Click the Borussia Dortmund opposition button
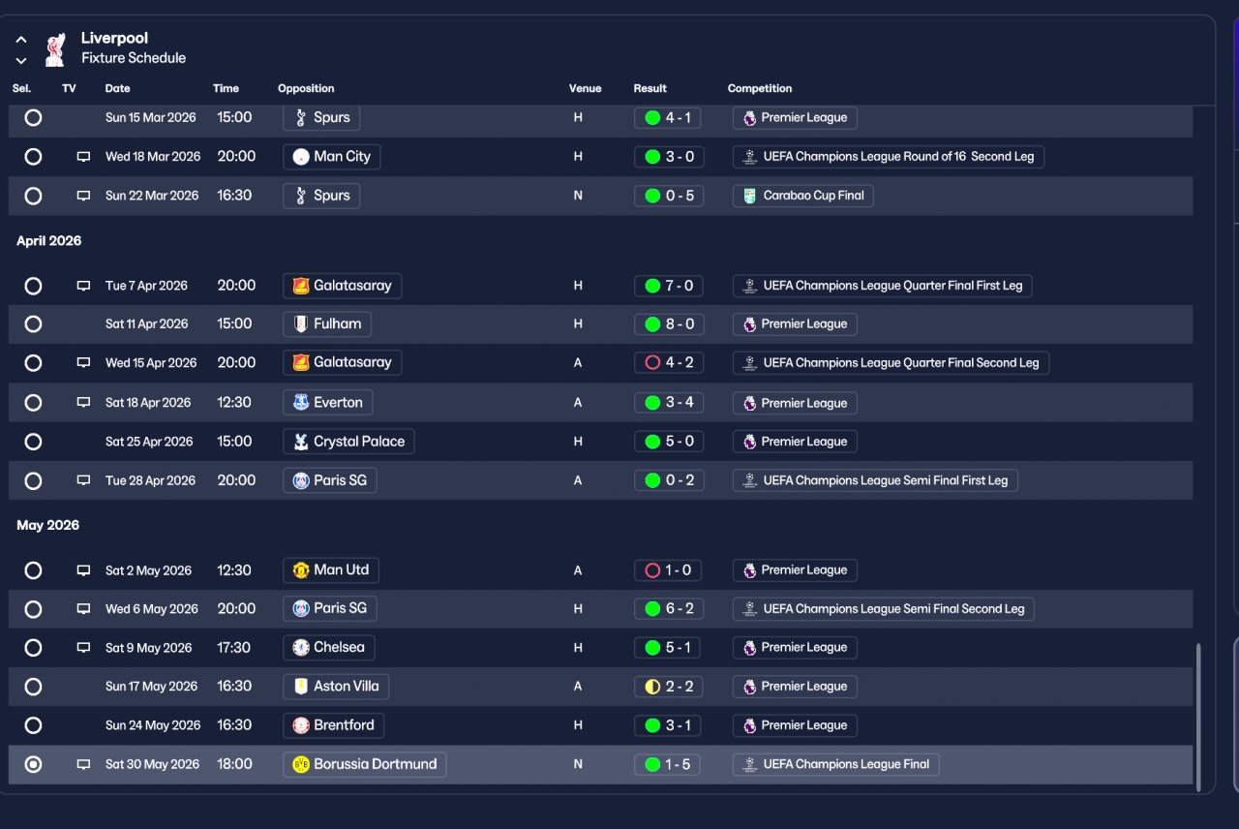click(x=365, y=764)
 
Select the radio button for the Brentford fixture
click(x=33, y=725)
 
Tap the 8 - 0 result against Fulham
click(x=669, y=324)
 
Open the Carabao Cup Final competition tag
click(x=803, y=196)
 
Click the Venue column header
click(x=585, y=88)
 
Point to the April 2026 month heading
click(x=49, y=241)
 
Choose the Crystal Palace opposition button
click(x=348, y=442)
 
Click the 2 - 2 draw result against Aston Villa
click(x=669, y=687)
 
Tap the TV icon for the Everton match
click(x=83, y=403)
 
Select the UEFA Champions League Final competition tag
click(x=835, y=764)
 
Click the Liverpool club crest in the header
click(x=55, y=48)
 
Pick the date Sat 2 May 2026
click(x=148, y=570)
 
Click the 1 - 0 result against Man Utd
click(x=669, y=570)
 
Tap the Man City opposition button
click(x=331, y=157)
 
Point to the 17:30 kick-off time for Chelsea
click(x=233, y=648)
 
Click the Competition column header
click(x=760, y=88)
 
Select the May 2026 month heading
click(x=47, y=525)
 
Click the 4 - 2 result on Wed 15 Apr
click(x=669, y=363)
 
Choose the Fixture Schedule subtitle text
click(x=134, y=58)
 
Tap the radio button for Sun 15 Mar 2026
click(x=33, y=118)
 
